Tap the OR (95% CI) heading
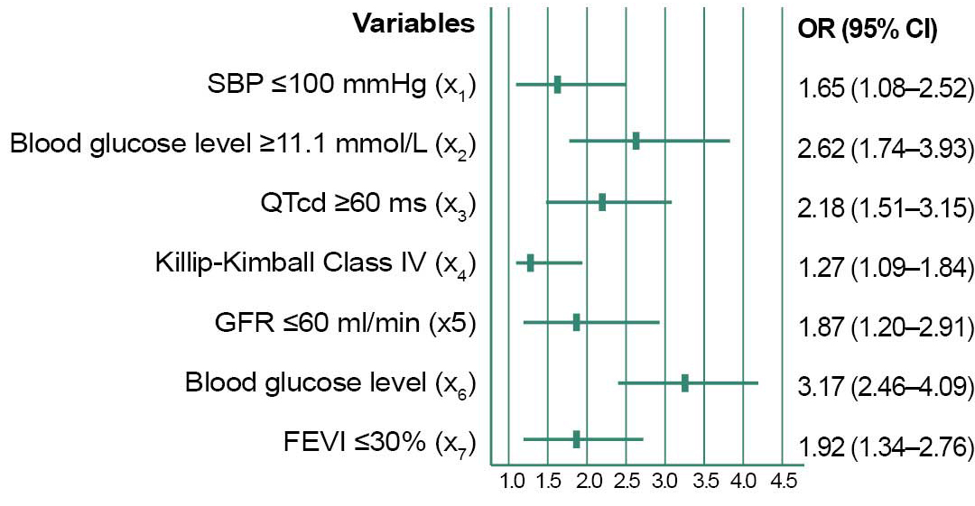[x=868, y=30]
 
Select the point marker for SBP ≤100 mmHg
[x=557, y=85]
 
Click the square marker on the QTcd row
[x=602, y=203]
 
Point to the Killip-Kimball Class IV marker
[x=531, y=262]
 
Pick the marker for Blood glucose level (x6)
[x=685, y=382]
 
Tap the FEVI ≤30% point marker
[x=576, y=439]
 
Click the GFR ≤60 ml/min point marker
[x=576, y=322]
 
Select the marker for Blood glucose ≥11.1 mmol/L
[x=636, y=141]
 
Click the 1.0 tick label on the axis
[x=512, y=482]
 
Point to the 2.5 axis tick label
[x=626, y=482]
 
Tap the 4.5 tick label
[x=783, y=482]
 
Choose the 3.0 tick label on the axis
[x=665, y=482]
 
